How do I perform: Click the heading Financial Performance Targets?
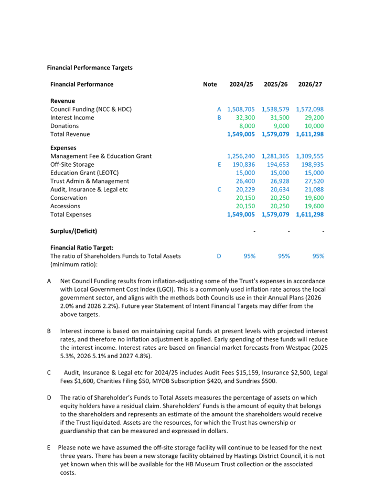point(90,68)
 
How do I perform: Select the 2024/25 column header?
point(241,84)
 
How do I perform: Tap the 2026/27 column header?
point(310,84)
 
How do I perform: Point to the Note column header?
point(210,84)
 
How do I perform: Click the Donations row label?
point(65,126)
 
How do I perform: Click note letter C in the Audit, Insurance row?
point(219,189)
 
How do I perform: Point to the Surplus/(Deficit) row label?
point(73,231)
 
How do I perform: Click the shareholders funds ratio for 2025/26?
point(284,256)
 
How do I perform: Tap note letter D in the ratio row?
point(219,256)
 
